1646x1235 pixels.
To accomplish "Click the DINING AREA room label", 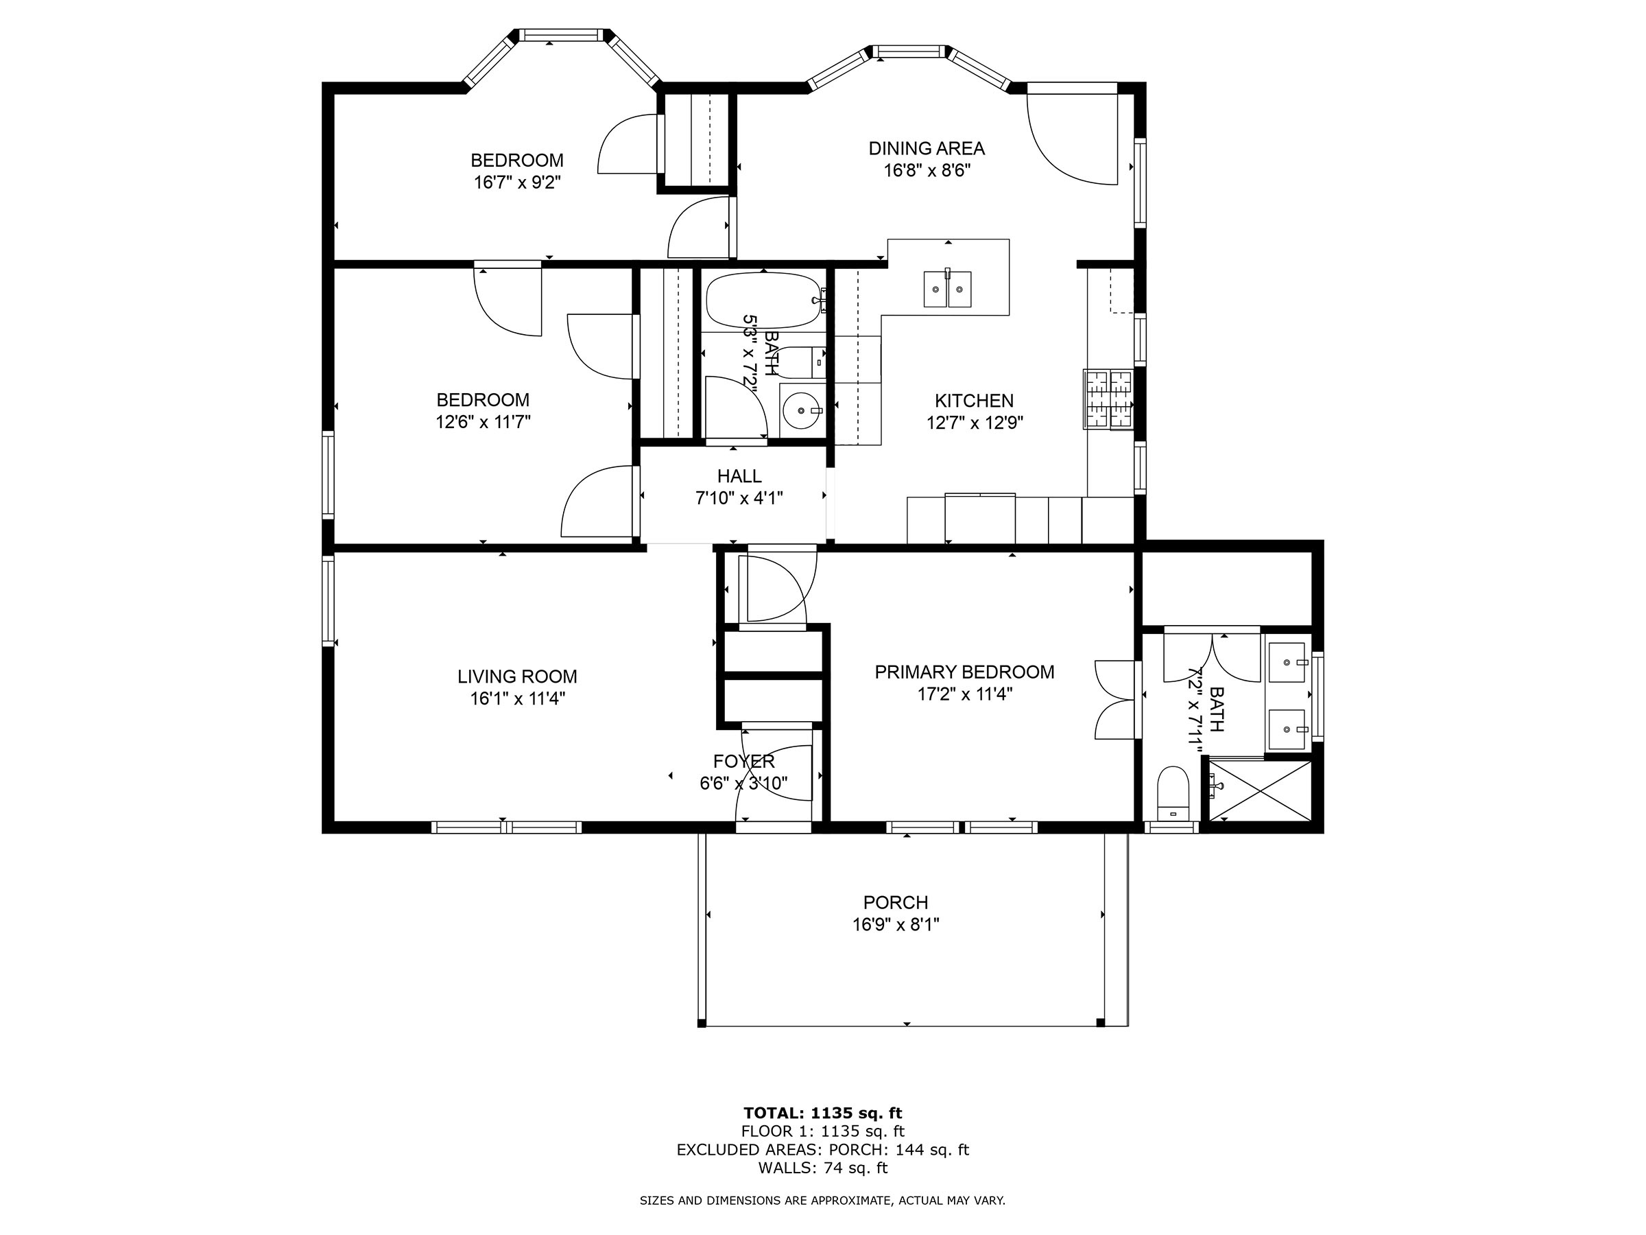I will tap(927, 148).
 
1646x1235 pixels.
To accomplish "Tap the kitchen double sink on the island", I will tap(947, 289).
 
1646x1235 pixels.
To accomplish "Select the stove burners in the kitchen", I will tap(1109, 400).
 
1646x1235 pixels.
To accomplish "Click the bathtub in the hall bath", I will tap(763, 301).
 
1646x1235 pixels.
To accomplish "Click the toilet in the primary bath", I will tap(1173, 793).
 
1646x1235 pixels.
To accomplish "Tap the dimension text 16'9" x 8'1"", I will tap(896, 925).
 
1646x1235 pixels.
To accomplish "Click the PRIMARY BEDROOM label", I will tap(964, 672).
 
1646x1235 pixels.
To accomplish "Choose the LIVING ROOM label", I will tap(517, 677).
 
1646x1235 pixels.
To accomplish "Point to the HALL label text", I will tap(739, 476).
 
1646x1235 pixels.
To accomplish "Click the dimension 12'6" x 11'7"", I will tap(483, 422).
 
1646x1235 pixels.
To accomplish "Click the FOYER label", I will tap(743, 762).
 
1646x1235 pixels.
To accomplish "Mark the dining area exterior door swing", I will tap(1071, 138).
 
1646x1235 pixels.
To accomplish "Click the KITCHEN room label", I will tap(974, 401).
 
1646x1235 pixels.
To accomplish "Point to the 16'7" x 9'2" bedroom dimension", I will tap(517, 183).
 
